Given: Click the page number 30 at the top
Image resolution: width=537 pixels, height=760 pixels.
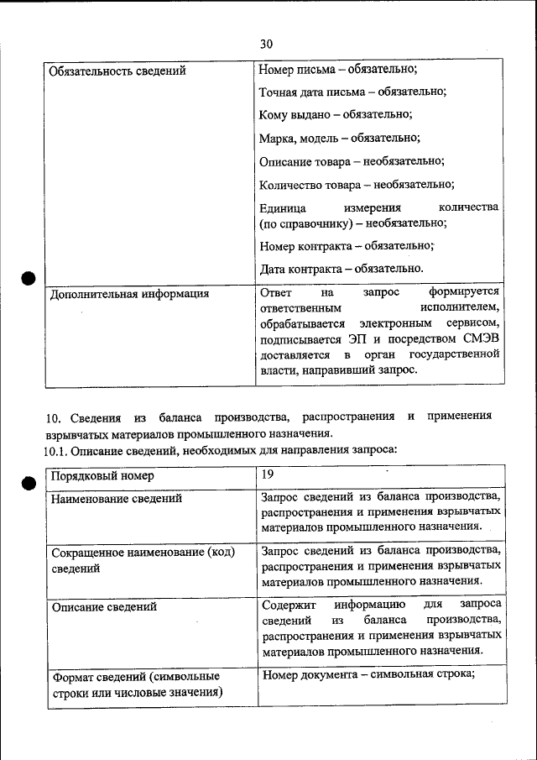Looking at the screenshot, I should (266, 44).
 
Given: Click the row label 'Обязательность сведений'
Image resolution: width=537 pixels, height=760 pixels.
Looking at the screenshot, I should (117, 71).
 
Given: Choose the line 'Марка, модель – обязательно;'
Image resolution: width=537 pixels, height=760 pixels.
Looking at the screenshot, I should (339, 137).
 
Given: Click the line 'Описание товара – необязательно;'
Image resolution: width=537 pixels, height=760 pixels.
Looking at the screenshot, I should (352, 160).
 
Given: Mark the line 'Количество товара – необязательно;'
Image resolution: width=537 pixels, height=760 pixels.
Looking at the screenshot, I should (357, 184).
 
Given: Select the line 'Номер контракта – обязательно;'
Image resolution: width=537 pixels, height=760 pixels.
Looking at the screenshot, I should (347, 246).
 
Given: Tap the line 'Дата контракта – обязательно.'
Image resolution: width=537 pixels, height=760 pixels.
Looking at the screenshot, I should (341, 269).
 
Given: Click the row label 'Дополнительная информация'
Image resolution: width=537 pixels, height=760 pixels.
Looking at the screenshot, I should (129, 295).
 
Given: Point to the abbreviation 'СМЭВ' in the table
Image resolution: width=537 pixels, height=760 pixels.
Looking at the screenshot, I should (481, 339).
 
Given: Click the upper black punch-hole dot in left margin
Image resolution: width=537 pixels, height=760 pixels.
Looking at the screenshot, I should (28, 278).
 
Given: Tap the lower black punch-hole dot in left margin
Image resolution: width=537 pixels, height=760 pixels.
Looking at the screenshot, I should (28, 480).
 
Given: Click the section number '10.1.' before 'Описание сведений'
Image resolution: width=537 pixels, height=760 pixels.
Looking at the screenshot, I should (55, 451).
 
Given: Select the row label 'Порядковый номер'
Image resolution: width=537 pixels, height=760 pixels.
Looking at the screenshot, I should (102, 476).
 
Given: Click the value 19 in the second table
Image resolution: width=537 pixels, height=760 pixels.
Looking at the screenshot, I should (267, 474).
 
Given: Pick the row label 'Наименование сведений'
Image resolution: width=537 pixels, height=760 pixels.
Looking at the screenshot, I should (117, 500).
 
